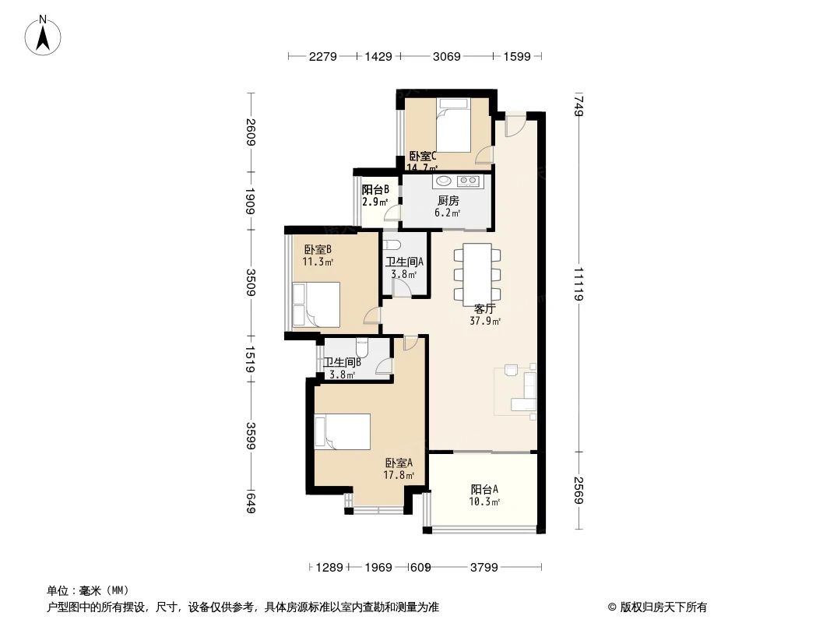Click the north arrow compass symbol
pos(44,35)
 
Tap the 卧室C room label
pos(423,156)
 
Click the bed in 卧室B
pos(316,304)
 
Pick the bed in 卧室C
pos(452,125)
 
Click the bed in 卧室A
pos(342,431)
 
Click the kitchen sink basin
pos(443,182)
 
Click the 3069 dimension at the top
pos(447,56)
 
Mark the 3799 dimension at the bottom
pos(484,568)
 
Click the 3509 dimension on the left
pos(251,281)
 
